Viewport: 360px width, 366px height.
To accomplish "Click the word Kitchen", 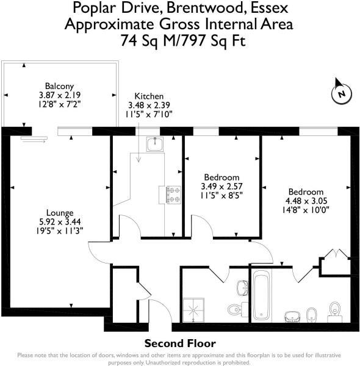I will click(x=149, y=96).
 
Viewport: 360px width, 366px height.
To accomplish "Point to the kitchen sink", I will click(x=155, y=143).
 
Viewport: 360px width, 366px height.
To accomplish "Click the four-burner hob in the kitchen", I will click(x=171, y=194).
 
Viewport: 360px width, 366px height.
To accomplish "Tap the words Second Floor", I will click(x=179, y=343).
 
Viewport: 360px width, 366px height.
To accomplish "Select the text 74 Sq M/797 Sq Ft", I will click(x=179, y=41).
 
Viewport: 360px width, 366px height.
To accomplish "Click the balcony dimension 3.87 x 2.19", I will click(x=59, y=95).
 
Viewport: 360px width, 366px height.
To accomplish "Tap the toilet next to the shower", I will click(x=236, y=309).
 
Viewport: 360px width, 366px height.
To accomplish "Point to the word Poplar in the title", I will click(x=93, y=9).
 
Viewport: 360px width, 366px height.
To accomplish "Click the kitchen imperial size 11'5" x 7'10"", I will click(x=149, y=113).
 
